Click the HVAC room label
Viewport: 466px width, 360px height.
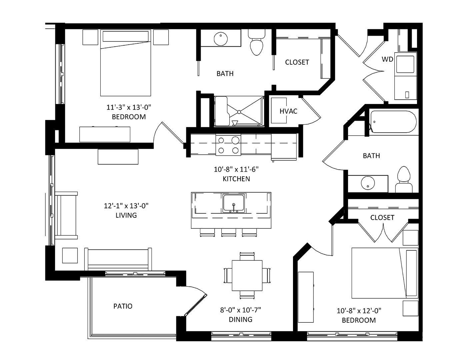click(288, 111)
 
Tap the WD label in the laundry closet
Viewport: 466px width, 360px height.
click(387, 59)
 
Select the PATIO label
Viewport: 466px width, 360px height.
click(123, 306)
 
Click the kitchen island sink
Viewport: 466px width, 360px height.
click(234, 203)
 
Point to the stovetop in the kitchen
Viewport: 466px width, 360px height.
click(228, 145)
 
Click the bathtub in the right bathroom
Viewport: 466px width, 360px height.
click(393, 122)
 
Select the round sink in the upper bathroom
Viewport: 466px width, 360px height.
click(221, 39)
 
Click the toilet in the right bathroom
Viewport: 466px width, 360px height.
click(404, 179)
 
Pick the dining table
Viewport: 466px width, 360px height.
click(247, 275)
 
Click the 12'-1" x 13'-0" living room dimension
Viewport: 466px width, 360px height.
click(126, 206)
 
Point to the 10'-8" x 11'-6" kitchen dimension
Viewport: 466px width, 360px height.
click(236, 169)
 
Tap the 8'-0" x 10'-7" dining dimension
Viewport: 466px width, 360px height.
click(240, 310)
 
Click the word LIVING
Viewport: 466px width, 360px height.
click(126, 215)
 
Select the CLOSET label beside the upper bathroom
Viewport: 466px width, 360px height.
click(297, 62)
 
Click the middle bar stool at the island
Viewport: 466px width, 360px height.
click(229, 232)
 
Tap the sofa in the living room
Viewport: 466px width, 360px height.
click(118, 259)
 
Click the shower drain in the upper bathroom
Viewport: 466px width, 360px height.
click(239, 112)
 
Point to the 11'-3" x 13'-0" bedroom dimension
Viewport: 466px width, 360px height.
click(129, 107)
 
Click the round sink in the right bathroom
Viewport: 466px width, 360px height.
click(368, 183)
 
